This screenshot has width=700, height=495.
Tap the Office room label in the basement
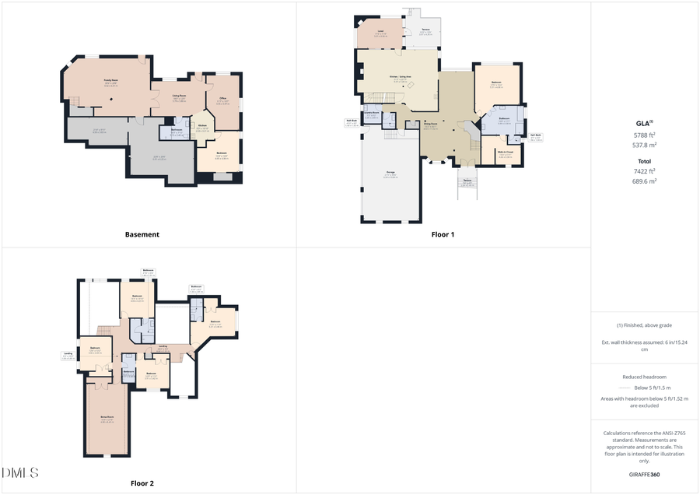[x=223, y=98]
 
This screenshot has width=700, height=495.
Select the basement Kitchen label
[x=201, y=125]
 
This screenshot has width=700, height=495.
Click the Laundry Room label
[x=371, y=114]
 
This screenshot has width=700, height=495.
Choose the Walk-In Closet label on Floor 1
[x=506, y=152]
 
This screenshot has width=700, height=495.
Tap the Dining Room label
[x=430, y=124]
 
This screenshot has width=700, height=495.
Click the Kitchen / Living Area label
[x=398, y=77]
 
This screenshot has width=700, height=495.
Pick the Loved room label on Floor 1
[x=381, y=31]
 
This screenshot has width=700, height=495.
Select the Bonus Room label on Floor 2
[x=107, y=418]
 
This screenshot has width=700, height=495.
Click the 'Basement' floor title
[x=142, y=234]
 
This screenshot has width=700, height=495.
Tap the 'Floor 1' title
[x=443, y=234]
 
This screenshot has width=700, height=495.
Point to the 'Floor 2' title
[x=142, y=483]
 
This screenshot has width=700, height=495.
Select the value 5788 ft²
[x=645, y=135]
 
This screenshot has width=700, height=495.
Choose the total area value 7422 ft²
[x=645, y=171]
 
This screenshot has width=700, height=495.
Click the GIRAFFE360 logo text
[x=645, y=473]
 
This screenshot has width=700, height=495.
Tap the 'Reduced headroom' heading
[x=645, y=376]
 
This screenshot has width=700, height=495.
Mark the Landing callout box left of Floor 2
[x=68, y=356]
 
